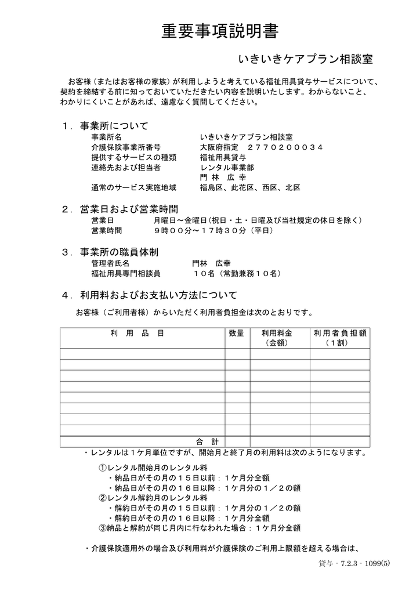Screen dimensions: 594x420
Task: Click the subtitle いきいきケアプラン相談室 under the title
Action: coord(305,59)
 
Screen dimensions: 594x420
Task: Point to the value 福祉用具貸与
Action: coord(223,157)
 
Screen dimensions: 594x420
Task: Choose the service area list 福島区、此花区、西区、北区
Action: coord(250,187)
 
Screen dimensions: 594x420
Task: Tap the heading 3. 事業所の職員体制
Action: coord(118,252)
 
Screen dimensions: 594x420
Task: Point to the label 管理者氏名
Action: coord(110,263)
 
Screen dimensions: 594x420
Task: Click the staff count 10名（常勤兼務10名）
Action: coord(237,273)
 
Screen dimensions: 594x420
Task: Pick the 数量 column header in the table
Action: coord(236,333)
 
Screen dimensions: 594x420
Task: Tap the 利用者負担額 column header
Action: coord(340,333)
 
